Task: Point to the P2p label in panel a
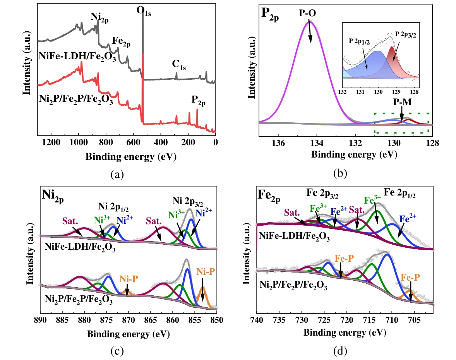(199, 101)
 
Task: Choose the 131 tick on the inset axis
(360, 92)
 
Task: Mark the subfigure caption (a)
(117, 175)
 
